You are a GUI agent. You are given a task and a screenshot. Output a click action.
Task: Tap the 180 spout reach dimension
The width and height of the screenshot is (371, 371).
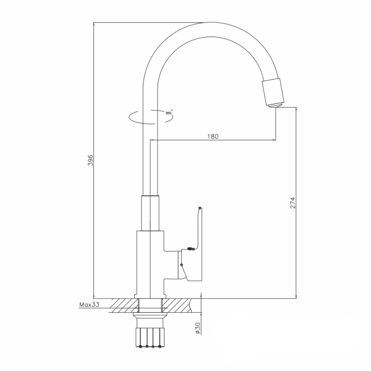click(214, 135)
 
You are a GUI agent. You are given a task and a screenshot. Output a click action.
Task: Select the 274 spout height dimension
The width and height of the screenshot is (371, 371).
click(292, 202)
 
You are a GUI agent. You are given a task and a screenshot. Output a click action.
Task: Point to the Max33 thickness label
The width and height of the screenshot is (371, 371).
click(90, 305)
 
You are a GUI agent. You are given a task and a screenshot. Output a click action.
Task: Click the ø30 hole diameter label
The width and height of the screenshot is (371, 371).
click(197, 328)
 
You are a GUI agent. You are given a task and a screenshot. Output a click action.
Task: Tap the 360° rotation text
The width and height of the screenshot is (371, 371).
click(168, 113)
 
